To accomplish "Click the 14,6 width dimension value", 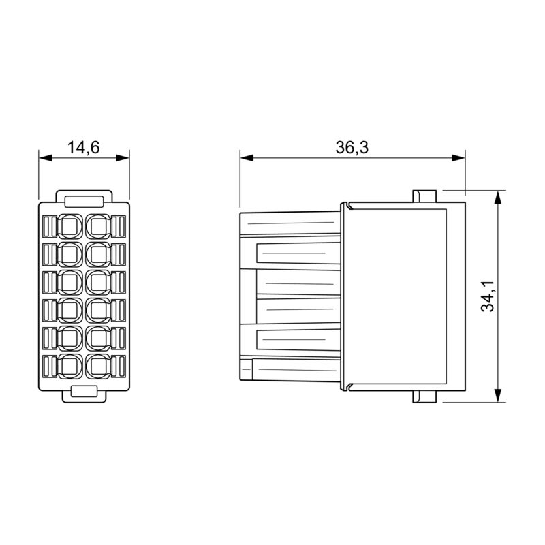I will click(x=84, y=147).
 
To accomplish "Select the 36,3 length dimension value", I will click(x=352, y=147).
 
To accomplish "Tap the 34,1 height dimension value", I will click(x=488, y=296).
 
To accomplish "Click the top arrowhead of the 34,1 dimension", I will click(x=498, y=197).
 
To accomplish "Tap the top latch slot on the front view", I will click(x=84, y=200).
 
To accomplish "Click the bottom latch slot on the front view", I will click(x=84, y=392).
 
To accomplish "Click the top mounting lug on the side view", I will click(x=424, y=196).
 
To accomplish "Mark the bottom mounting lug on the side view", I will click(x=424, y=396).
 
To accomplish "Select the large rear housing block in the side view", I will click(x=402, y=296).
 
